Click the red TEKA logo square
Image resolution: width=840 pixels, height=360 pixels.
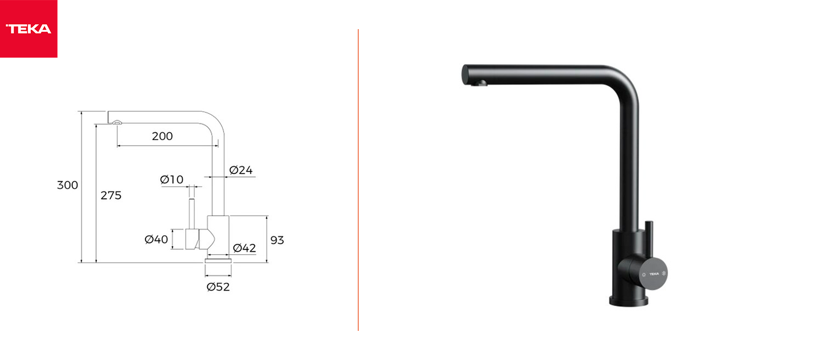tap(29, 29)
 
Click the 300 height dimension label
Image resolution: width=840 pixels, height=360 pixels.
tap(68, 185)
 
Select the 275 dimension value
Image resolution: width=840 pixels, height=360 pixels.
tap(111, 195)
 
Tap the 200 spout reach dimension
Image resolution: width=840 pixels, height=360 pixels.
tap(162, 136)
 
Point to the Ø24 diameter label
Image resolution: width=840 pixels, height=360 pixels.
tap(241, 170)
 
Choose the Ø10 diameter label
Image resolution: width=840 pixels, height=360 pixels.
tap(172, 180)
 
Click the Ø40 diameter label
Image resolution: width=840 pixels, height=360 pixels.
tap(156, 239)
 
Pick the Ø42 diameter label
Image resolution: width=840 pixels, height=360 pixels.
tap(245, 248)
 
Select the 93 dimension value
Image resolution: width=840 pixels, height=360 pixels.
tap(277, 240)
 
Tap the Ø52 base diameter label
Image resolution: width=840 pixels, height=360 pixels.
tap(218, 287)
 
